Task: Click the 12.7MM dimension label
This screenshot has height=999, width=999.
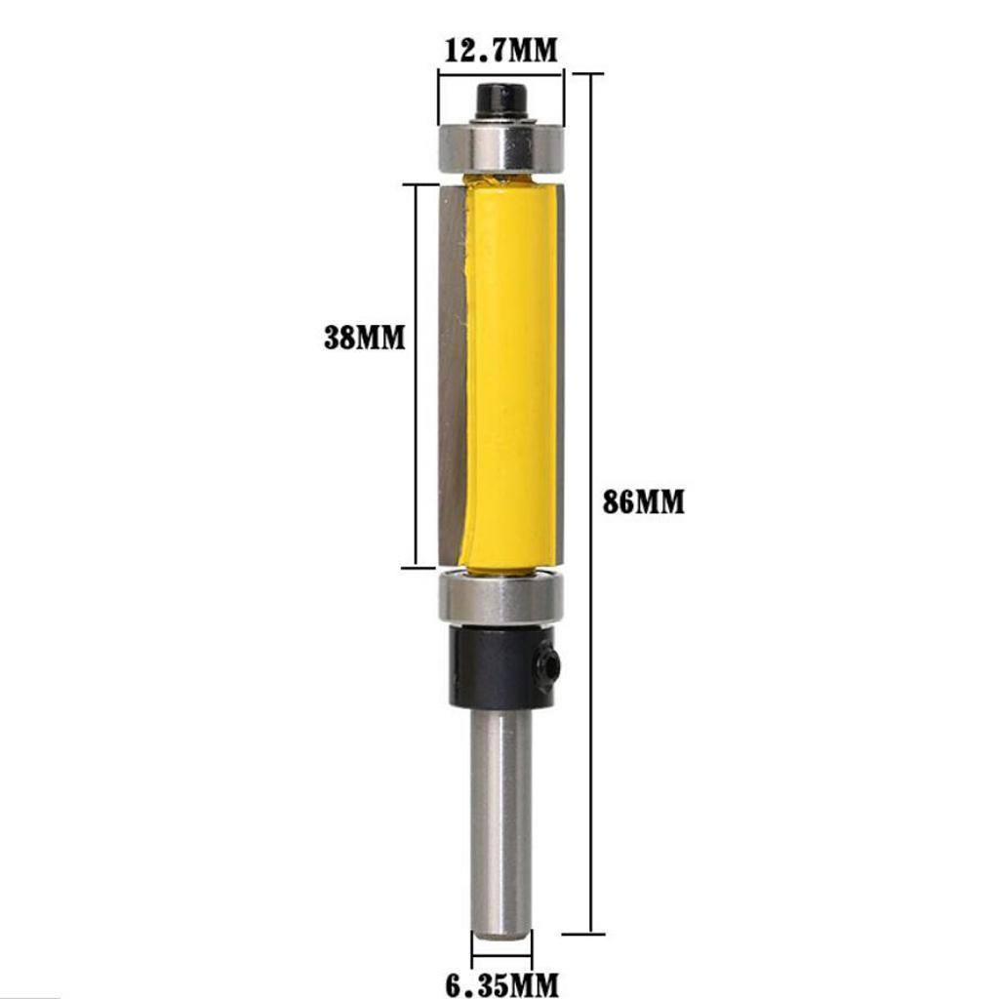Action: click(x=501, y=50)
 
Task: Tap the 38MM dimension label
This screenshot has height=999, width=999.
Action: click(x=364, y=338)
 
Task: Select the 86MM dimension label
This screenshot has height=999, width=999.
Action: click(x=644, y=502)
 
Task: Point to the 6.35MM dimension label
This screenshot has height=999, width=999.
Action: click(x=501, y=979)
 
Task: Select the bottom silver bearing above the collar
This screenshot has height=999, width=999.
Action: click(x=501, y=597)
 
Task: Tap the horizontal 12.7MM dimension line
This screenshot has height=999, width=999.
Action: click(x=501, y=73)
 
